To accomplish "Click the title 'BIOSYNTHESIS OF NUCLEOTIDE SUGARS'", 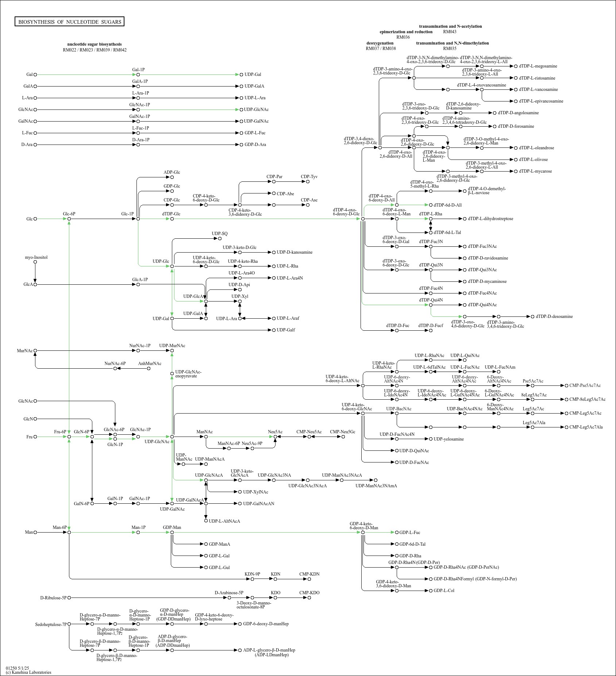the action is [x=70, y=22].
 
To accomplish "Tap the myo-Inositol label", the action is [x=36, y=257].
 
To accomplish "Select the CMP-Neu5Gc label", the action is [x=342, y=432].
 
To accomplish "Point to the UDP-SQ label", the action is [x=220, y=234].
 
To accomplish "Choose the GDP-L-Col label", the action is [x=444, y=591].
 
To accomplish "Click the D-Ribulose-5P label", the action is [x=53, y=598].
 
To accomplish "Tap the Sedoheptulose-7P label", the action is [x=51, y=625].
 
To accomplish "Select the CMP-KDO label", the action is [x=309, y=593].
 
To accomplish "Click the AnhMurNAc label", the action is [x=150, y=364].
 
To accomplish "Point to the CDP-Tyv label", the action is [x=309, y=177].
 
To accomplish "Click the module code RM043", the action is [x=450, y=32].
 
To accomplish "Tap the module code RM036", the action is [x=403, y=37].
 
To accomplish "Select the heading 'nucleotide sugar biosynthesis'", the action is [x=95, y=44].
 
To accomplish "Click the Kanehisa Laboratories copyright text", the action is [x=28, y=672].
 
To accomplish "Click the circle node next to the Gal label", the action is [x=35, y=74].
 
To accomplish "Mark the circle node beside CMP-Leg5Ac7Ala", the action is [x=566, y=427].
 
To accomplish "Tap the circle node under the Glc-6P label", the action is [x=69, y=219].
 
